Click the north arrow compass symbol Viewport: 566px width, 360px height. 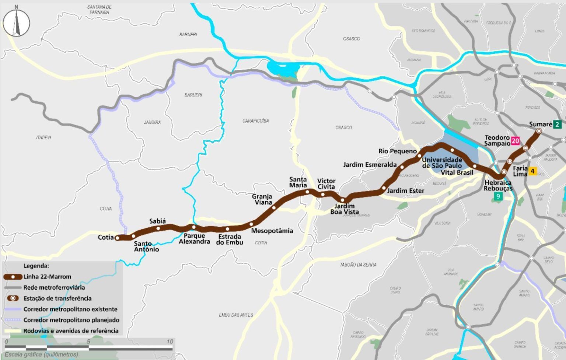tap(16, 22)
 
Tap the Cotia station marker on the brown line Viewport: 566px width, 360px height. tap(118, 238)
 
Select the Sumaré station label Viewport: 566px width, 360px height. tap(540, 124)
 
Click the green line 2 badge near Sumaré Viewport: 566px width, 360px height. tap(557, 124)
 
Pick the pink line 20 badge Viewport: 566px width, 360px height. tap(515, 141)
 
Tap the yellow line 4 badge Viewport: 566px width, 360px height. tap(532, 171)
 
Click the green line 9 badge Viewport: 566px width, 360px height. tap(498, 196)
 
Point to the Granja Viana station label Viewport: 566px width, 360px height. tap(262, 199)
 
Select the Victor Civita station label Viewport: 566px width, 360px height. tap(326, 184)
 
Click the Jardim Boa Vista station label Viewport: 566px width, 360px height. tap(345, 209)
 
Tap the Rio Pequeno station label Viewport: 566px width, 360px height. tap(397, 151)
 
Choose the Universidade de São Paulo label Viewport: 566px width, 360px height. tap(442, 162)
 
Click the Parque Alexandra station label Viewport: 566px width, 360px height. tap(194, 239)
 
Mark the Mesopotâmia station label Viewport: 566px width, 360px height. tap(272, 231)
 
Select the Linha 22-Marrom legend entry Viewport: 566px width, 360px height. tap(47, 277)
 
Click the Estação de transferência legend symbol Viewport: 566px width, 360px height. tap(13, 298)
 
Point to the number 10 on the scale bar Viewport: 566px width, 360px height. tap(170, 342)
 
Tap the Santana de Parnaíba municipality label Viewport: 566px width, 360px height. tap(99, 10)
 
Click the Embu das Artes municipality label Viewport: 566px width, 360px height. tap(236, 315)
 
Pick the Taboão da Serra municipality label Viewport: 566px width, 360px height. tap(358, 265)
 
